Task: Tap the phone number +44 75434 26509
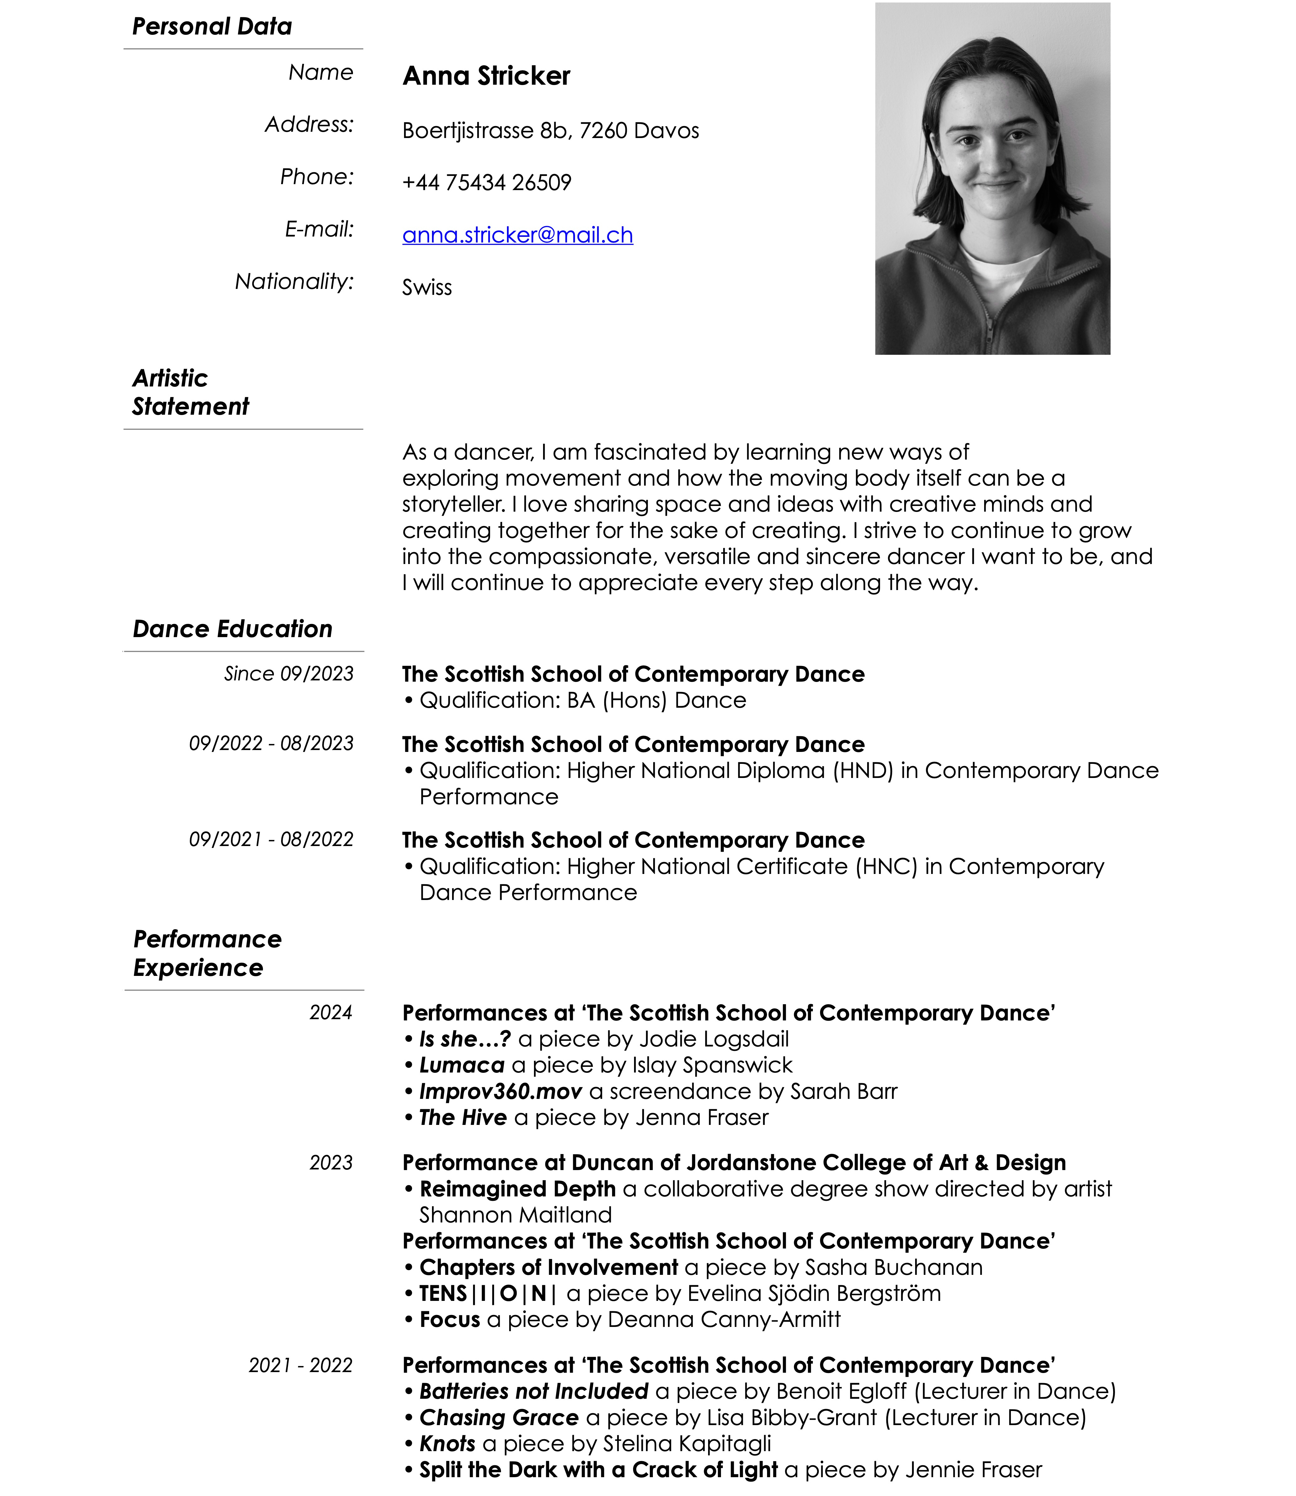(487, 182)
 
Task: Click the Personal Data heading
(212, 27)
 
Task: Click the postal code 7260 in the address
(603, 131)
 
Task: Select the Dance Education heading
(232, 629)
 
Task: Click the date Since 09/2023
(289, 674)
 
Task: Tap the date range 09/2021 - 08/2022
(271, 839)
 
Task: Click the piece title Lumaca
(461, 1065)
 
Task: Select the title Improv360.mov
(500, 1091)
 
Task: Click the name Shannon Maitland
(516, 1215)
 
